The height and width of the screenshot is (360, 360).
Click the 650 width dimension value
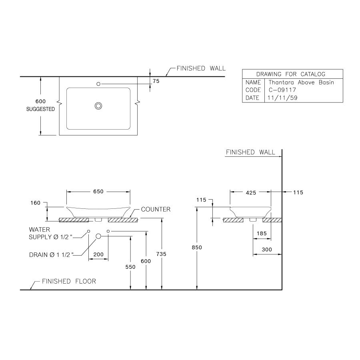click(x=98, y=192)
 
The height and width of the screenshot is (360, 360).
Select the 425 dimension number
click(x=251, y=192)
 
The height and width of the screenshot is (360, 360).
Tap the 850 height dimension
click(x=197, y=248)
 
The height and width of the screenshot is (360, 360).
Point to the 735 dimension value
click(x=161, y=254)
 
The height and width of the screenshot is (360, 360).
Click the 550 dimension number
click(x=130, y=267)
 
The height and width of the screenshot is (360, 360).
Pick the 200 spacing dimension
click(x=98, y=254)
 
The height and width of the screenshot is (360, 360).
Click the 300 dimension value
click(x=266, y=250)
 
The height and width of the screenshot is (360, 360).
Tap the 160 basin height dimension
click(x=35, y=203)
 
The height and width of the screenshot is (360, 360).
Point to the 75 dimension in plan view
click(x=156, y=81)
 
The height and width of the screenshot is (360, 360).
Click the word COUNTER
click(x=156, y=209)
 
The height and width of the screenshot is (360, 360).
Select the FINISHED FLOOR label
click(x=69, y=281)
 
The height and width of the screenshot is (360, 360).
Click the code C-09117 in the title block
click(x=282, y=90)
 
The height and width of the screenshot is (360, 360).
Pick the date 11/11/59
click(x=282, y=98)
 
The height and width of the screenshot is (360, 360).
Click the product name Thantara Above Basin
click(x=301, y=82)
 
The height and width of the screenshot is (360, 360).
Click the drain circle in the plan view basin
click(x=98, y=106)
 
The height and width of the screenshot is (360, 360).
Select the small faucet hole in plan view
click(x=98, y=84)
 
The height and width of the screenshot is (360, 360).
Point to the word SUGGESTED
click(x=40, y=109)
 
